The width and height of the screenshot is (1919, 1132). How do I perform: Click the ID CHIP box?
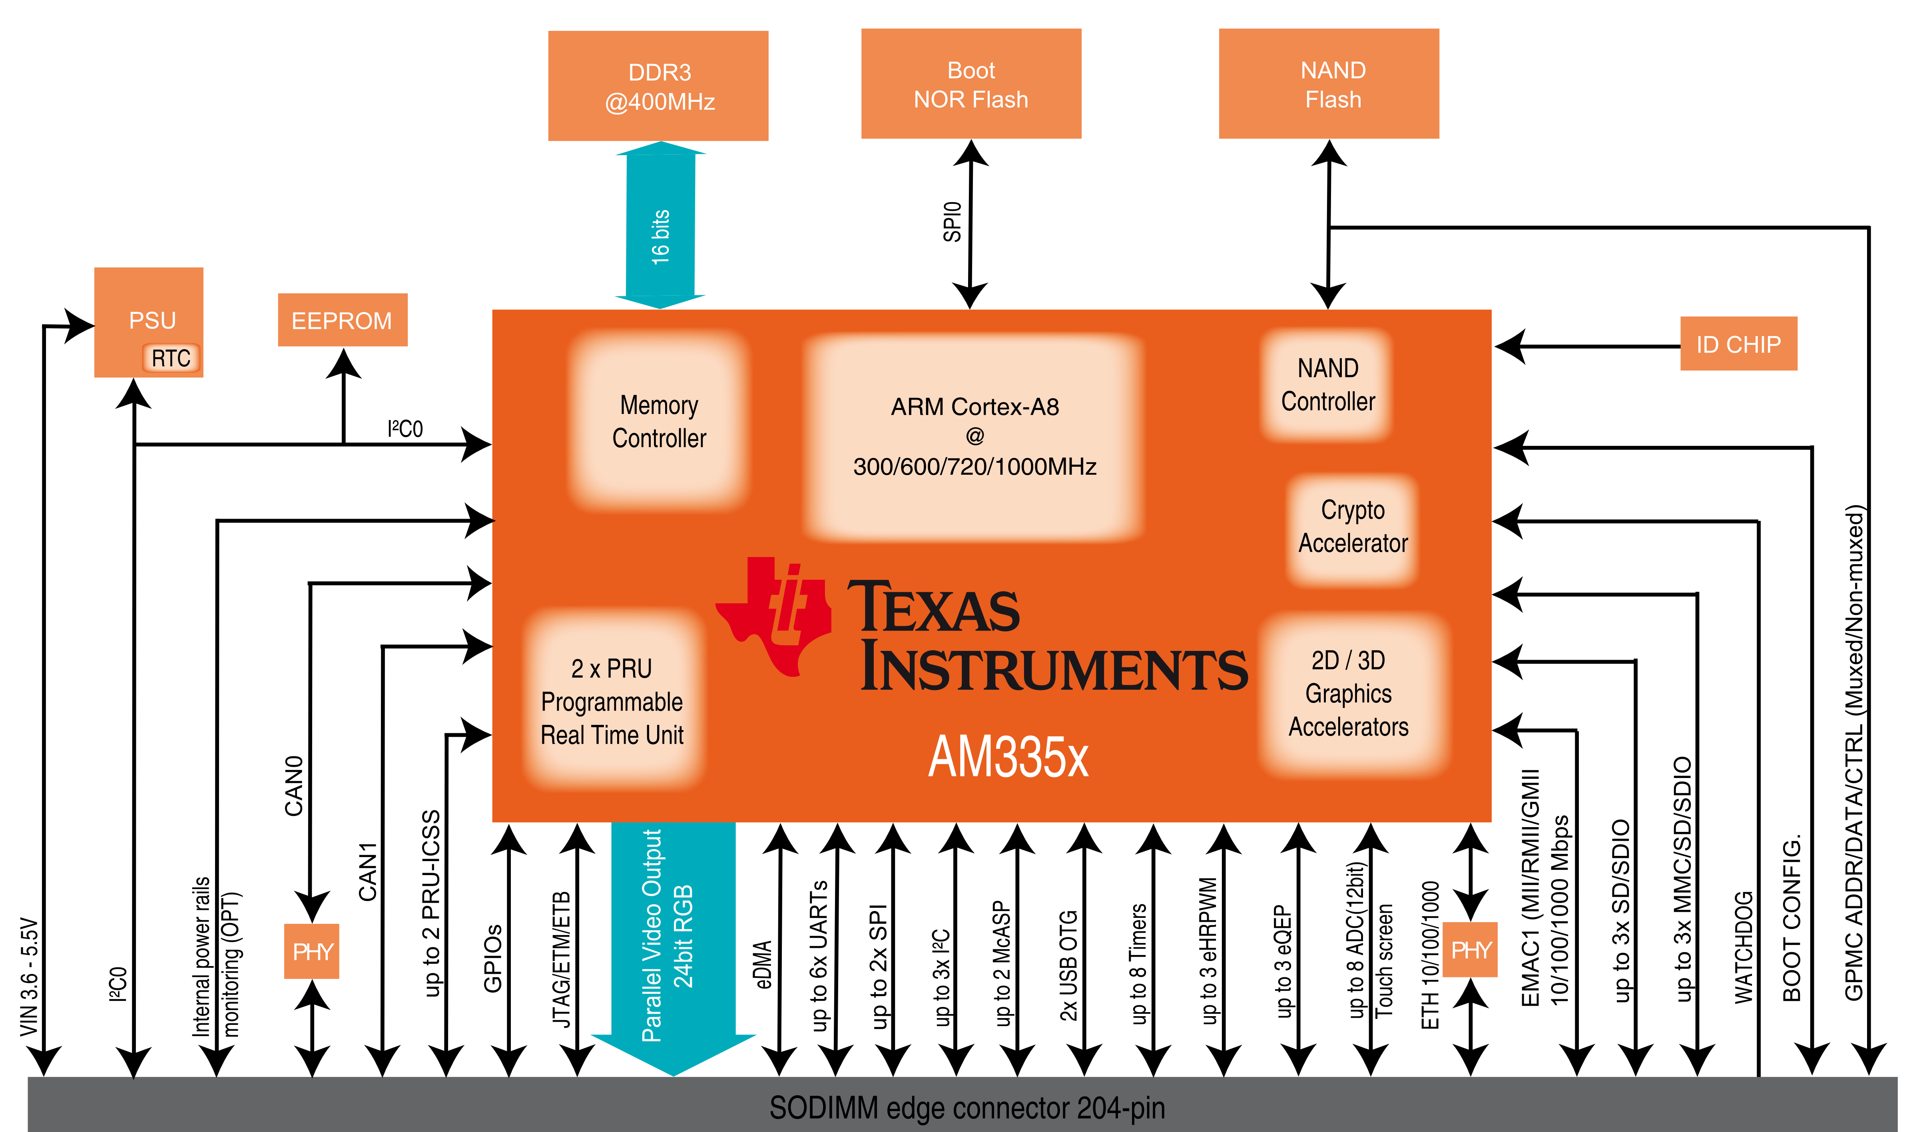[1738, 344]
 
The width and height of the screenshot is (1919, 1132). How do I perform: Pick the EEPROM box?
[342, 320]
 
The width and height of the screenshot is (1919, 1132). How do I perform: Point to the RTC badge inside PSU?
[171, 358]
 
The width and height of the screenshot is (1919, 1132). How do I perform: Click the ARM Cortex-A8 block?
[974, 436]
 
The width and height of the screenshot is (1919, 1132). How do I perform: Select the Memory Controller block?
[658, 421]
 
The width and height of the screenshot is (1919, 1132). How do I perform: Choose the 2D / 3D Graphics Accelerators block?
[1348, 693]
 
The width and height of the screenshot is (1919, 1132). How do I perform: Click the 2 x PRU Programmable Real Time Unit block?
[612, 701]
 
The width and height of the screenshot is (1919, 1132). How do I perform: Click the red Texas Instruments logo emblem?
[775, 616]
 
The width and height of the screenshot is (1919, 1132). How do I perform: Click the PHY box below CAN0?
[311, 951]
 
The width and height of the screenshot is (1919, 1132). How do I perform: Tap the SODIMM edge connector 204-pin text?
[967, 1108]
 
